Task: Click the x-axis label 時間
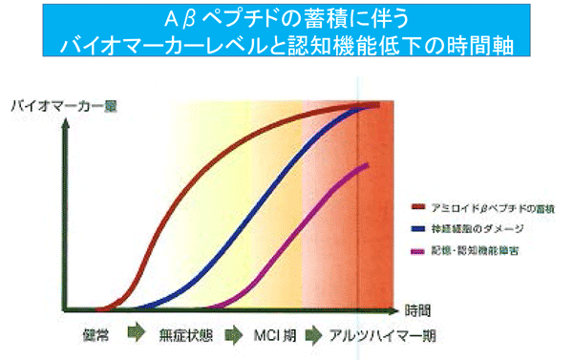pos(417,310)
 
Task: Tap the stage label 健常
pos(96,337)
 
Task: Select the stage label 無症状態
pos(185,337)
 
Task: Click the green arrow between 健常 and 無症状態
pos(136,336)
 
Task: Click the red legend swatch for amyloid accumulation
pos(416,207)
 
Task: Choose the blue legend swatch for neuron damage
pos(416,229)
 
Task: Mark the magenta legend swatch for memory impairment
pos(416,251)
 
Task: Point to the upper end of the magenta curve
pos(369,165)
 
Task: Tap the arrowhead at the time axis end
pos(394,310)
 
